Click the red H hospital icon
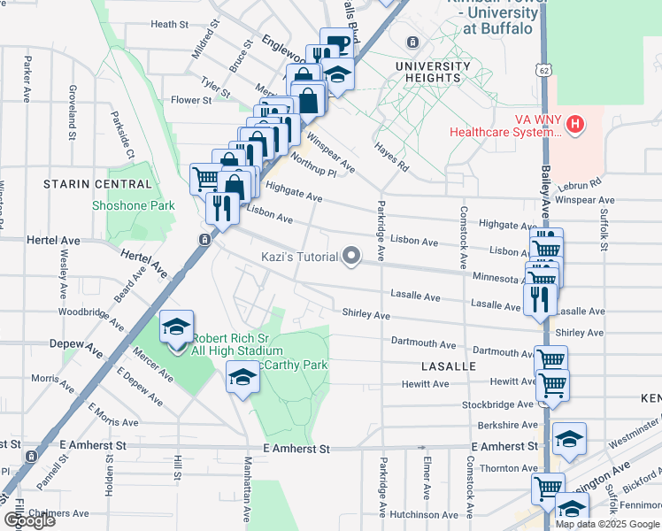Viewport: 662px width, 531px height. pyautogui.click(x=575, y=123)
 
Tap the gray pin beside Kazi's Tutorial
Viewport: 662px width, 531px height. pyautogui.click(x=352, y=257)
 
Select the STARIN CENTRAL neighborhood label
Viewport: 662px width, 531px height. pyautogui.click(x=98, y=184)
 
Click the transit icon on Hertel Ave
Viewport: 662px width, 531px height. pyautogui.click(x=204, y=240)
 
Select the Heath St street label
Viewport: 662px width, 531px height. pyautogui.click(x=170, y=25)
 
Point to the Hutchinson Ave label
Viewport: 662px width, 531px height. pyautogui.click(x=423, y=514)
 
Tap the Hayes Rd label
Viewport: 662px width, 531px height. pyautogui.click(x=391, y=157)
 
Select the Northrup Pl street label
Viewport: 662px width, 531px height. pyautogui.click(x=313, y=165)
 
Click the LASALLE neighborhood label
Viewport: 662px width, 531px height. pyautogui.click(x=450, y=366)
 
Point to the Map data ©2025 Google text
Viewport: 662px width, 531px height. pyautogui.click(x=605, y=524)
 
